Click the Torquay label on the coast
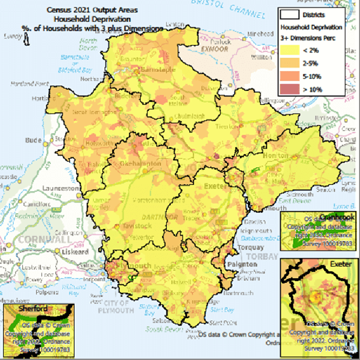[251, 247]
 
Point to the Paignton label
[251, 263]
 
